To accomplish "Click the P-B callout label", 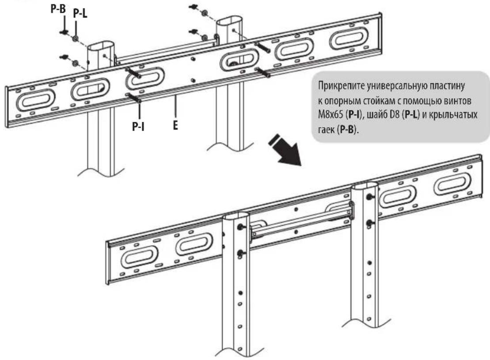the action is pos(58,8).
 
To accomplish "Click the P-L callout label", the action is pos(80,13).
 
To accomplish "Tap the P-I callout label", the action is pos(138,126).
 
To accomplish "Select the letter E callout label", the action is pos(175,125).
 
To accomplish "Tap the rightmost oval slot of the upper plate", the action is pos(349,38).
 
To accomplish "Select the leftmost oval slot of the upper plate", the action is pos(36,100).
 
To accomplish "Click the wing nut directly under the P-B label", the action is pos(64,32).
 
